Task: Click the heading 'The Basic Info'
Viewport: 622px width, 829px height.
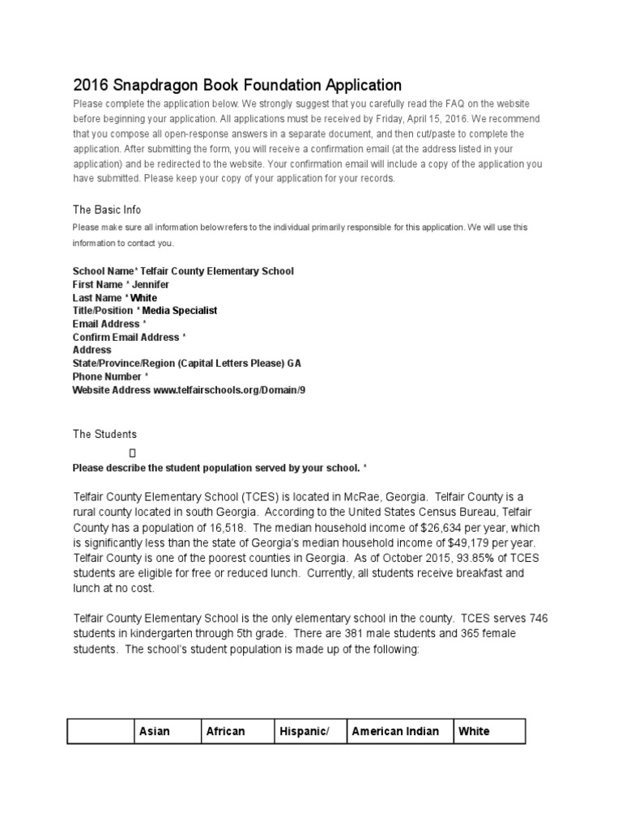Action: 107,210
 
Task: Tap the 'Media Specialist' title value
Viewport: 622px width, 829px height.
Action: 180,310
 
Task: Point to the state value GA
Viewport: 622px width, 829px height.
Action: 294,363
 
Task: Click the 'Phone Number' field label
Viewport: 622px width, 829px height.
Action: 107,376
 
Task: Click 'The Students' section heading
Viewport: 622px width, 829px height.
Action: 104,435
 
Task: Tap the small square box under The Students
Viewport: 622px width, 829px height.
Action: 132,453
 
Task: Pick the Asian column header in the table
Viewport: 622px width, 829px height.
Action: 155,731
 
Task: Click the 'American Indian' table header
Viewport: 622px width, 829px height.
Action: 395,731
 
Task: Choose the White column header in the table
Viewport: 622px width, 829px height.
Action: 474,731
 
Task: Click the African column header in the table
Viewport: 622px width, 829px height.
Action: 226,731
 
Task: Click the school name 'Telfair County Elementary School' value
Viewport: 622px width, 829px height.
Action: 218,271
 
